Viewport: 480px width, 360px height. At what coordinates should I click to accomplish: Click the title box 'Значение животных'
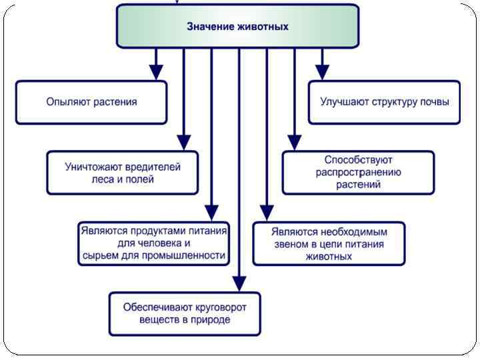click(237, 27)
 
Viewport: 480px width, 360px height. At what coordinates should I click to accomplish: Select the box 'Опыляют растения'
click(91, 102)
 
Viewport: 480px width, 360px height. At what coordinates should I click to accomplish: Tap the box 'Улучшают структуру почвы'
click(385, 102)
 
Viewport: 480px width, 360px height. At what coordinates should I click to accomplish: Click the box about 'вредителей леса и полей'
click(123, 173)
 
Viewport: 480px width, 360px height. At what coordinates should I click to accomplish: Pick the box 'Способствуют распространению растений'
click(358, 172)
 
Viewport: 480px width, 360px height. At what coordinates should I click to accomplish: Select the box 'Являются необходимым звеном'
click(329, 243)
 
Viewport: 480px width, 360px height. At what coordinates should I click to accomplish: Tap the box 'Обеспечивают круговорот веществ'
click(185, 313)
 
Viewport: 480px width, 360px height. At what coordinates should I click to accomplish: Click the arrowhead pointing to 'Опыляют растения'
click(155, 72)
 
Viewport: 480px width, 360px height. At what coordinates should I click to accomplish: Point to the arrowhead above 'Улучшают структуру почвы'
click(322, 72)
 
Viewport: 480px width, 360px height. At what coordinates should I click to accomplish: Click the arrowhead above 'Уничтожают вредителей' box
click(183, 142)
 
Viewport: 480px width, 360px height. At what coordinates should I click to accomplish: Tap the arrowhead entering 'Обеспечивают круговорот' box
click(239, 283)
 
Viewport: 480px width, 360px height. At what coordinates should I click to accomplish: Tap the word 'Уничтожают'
click(91, 167)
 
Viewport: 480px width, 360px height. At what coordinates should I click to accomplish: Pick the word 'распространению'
click(358, 173)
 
